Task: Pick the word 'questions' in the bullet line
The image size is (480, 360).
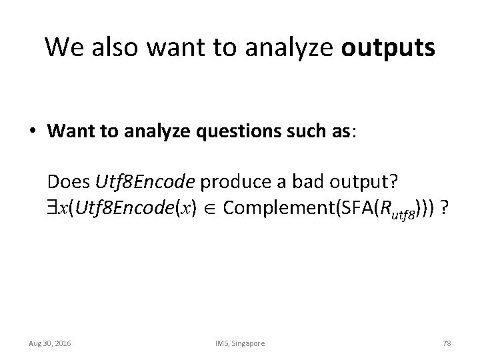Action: [x=224, y=132]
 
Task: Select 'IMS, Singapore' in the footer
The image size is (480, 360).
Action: [x=240, y=343]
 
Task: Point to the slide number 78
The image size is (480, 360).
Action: [x=446, y=343]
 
